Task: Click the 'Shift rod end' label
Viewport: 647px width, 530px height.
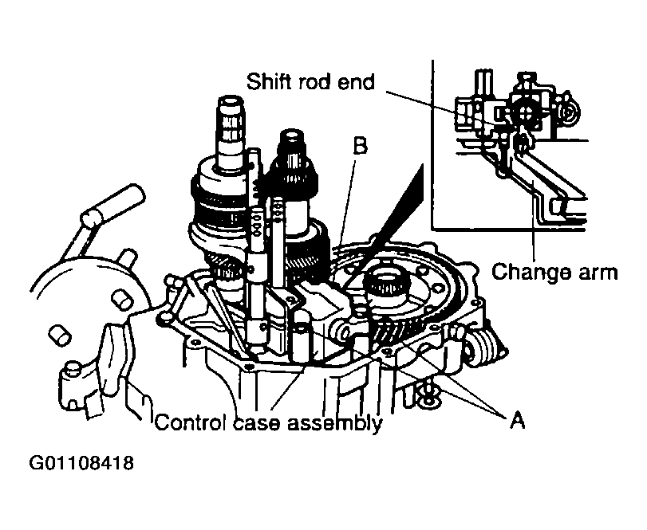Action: (x=310, y=81)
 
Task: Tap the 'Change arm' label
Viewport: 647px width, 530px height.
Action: (x=554, y=273)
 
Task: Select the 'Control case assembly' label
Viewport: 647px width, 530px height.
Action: (x=269, y=423)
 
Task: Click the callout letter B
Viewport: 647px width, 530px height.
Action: (x=360, y=146)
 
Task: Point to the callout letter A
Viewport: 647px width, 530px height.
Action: (x=517, y=420)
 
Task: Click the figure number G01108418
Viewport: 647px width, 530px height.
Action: (x=81, y=463)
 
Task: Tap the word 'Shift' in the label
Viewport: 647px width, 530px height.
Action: (x=270, y=81)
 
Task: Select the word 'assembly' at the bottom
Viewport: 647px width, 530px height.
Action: (x=334, y=424)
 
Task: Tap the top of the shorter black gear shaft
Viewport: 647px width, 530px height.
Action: (x=293, y=135)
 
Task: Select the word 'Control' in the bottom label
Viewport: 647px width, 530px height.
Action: (x=192, y=423)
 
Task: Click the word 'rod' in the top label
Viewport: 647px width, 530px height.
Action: (x=315, y=81)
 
